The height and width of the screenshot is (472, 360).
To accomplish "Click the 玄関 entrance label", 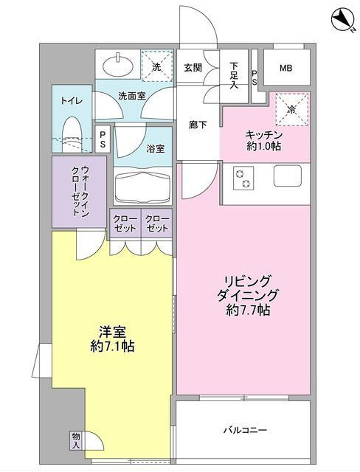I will point(193,67).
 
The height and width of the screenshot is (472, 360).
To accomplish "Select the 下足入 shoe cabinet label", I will point(235,74).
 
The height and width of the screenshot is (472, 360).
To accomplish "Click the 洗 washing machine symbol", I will point(156,66).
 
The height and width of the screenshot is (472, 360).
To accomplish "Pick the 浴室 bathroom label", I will point(155,149).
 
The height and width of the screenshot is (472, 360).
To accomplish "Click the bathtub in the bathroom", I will point(142,189).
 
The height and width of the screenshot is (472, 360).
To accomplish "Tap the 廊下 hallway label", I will point(197,125).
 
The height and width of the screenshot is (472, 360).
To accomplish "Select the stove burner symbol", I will point(243,178).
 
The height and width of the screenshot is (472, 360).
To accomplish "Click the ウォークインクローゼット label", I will point(78,190).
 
